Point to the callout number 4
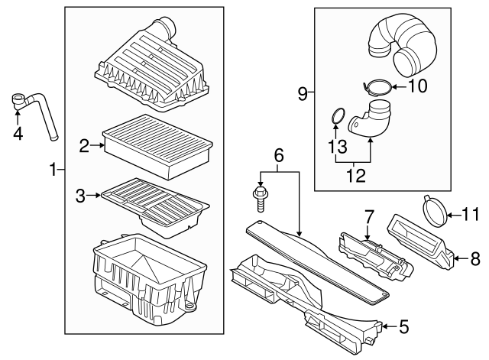click(x=18, y=135)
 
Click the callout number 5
click(x=404, y=327)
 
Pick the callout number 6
click(x=279, y=156)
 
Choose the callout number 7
click(x=368, y=216)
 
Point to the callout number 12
click(x=353, y=177)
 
